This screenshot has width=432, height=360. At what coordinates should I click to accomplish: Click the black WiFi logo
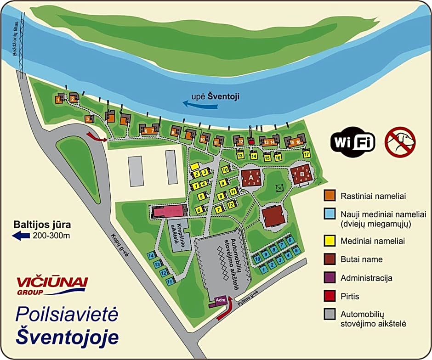tap(352, 141)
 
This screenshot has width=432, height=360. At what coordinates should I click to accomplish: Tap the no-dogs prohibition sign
tap(400, 141)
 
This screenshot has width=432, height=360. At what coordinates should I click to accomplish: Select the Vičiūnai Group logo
tap(51, 285)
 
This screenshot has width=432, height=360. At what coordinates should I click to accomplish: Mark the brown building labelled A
tap(251, 177)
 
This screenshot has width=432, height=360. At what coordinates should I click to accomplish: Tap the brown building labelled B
tap(302, 175)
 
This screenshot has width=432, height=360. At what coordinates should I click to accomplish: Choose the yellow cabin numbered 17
tap(306, 154)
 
